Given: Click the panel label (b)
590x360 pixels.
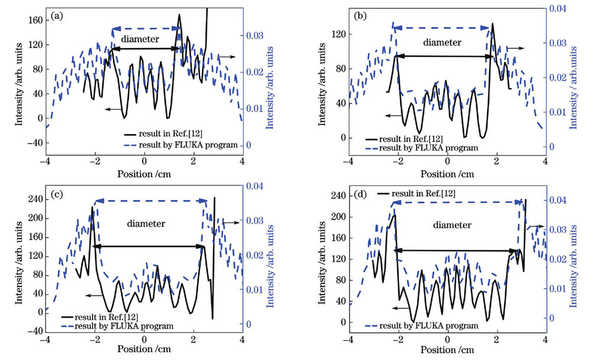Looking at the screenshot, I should click(360, 15).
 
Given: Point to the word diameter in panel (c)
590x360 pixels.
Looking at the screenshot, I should click(146, 224).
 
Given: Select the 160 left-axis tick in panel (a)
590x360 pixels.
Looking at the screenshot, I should click(35, 20).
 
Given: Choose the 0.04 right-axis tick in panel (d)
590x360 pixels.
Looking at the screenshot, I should click(557, 201).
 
